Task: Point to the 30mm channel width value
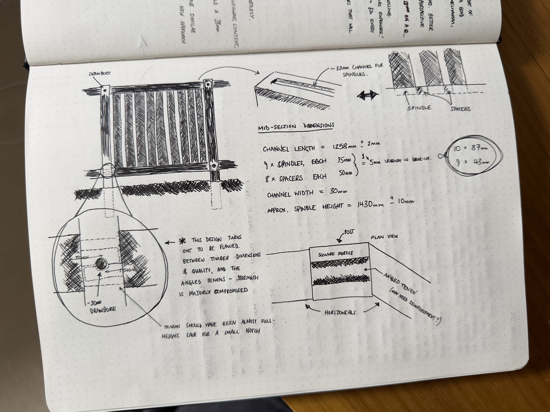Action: (338, 191)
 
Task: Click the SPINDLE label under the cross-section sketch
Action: (419, 108)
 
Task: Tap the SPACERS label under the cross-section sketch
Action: (460, 109)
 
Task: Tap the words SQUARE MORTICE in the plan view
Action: (335, 254)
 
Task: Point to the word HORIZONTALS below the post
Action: (340, 312)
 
